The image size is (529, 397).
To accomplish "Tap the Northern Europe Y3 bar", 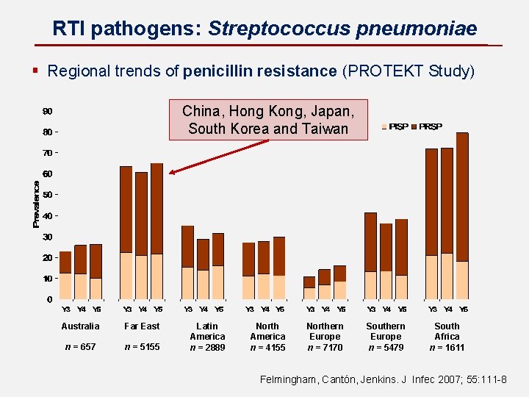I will [x=309, y=287].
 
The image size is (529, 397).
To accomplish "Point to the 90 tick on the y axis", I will [x=47, y=112].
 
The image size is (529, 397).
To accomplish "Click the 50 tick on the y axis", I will [x=47, y=195].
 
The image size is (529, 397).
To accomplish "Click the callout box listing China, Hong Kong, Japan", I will [x=268, y=120].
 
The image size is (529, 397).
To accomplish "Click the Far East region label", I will [x=142, y=326].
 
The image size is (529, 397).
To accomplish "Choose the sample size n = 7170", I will [x=325, y=347].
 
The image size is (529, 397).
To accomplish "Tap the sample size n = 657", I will [x=81, y=347].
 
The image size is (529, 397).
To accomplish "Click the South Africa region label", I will [x=447, y=332].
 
